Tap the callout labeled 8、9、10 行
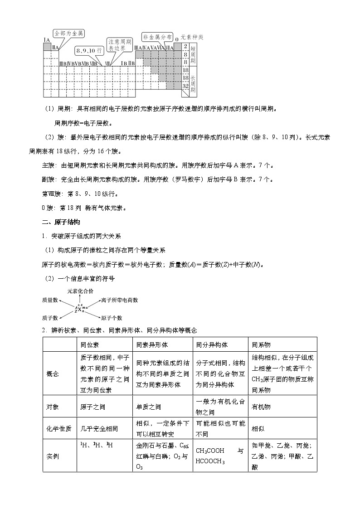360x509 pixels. (x=89, y=50)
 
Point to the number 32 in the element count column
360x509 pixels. (x=185, y=85)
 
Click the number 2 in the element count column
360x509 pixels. (x=185, y=47)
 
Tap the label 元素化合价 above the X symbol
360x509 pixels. (x=80, y=291)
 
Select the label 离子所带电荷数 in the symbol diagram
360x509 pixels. (x=120, y=300)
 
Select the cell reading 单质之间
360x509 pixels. (x=149, y=407)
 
